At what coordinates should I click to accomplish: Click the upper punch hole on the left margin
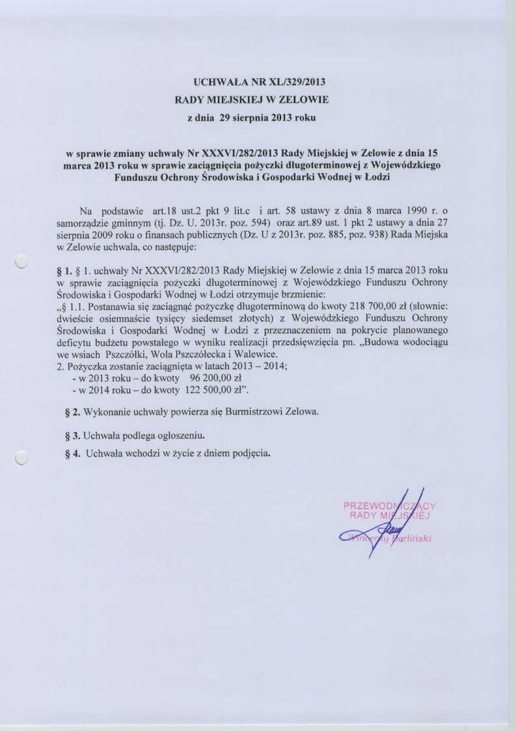pyautogui.click(x=21, y=262)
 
